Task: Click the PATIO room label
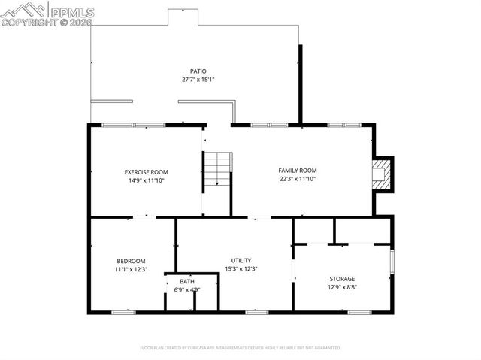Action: point(198,71)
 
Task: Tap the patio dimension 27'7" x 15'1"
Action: point(198,80)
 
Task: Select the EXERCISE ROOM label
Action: point(146,172)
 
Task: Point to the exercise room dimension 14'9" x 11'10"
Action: point(146,180)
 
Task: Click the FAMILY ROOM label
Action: point(298,171)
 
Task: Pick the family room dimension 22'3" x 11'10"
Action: point(298,179)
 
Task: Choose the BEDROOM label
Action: point(131,261)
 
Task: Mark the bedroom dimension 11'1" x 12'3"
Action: point(131,269)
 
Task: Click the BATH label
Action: point(186,281)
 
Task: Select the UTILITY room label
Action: point(241,260)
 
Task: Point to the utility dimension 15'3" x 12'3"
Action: point(241,269)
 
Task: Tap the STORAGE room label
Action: point(342,279)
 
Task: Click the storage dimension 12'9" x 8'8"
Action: point(342,287)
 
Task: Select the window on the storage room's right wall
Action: point(392,260)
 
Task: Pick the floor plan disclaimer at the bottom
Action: point(240,348)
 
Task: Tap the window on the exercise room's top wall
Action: point(133,124)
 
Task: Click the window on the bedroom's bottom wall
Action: point(123,311)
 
